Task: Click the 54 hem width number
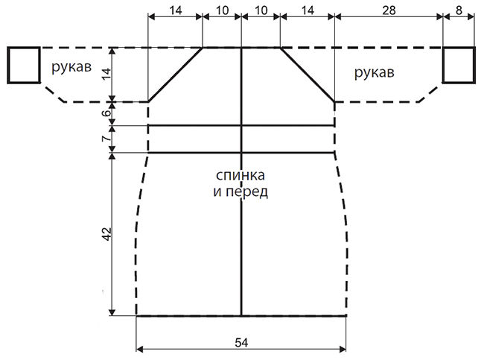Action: tap(241, 343)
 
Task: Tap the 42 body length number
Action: tap(105, 234)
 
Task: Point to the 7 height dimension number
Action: tap(106, 138)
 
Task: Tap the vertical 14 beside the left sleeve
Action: tap(106, 74)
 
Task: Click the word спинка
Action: tap(240, 176)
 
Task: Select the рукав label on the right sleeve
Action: tap(375, 73)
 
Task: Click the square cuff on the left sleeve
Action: tap(24, 65)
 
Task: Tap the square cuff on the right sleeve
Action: tap(459, 65)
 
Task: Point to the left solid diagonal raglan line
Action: tap(176, 74)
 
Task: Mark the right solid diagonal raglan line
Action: tap(307, 74)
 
